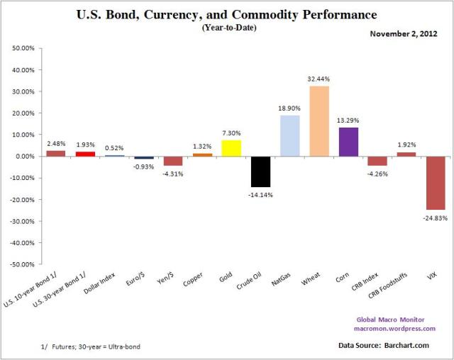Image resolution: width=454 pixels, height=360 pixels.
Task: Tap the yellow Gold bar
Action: pos(231,147)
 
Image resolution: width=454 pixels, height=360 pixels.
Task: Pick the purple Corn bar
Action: pos(348,142)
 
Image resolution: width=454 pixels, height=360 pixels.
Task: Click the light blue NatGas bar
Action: pos(289,135)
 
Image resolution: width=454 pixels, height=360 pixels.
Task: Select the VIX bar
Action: pos(436,183)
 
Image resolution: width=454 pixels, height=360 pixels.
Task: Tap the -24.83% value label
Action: pos(435,217)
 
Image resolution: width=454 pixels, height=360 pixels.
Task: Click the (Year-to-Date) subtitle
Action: pos(226,28)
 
